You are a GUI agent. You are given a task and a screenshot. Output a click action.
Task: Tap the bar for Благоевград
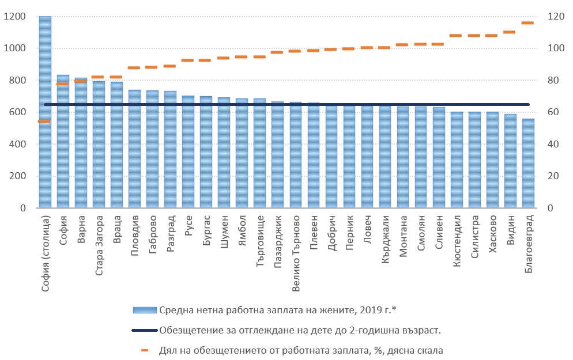click(x=528, y=167)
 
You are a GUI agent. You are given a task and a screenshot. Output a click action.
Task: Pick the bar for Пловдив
click(x=134, y=156)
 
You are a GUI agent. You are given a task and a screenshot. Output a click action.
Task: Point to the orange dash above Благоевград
click(x=528, y=23)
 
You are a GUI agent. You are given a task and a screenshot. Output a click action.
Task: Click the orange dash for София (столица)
click(x=45, y=121)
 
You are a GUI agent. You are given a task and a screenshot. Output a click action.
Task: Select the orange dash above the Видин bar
click(x=510, y=32)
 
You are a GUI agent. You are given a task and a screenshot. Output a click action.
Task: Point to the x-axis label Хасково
click(x=492, y=232)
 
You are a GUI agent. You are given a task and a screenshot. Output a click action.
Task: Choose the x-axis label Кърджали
click(x=385, y=234)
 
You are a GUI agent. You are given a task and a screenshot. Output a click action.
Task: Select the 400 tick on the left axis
click(x=17, y=145)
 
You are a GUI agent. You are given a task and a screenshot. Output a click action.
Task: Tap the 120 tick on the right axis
click(x=554, y=17)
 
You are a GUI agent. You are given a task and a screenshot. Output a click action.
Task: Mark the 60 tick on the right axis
click(x=552, y=112)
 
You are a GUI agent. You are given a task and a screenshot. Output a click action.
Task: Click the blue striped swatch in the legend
click(x=145, y=310)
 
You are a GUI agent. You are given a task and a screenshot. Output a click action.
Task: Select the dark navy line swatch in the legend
click(x=145, y=330)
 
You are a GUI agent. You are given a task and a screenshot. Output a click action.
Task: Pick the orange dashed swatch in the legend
click(x=145, y=350)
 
